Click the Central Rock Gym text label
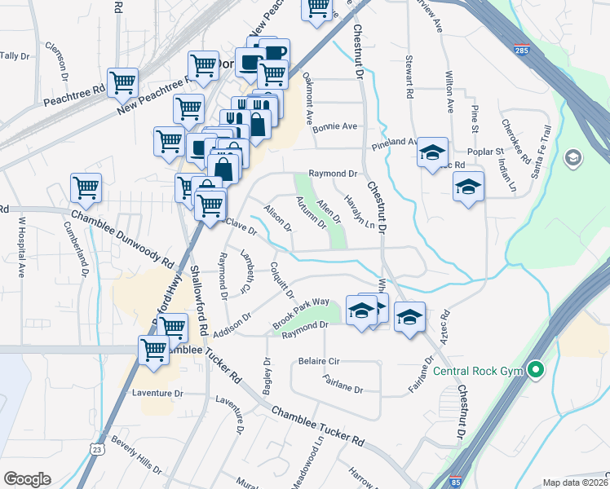pyautogui.click(x=476, y=372)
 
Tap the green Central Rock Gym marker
pyautogui.click(x=535, y=370)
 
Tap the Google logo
pyautogui.click(x=27, y=479)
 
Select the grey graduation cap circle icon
pyautogui.click(x=572, y=156)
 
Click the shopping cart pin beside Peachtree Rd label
pyautogui.click(x=122, y=81)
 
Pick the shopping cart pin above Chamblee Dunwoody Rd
pyautogui.click(x=86, y=187)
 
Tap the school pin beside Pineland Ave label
pyautogui.click(x=433, y=152)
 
